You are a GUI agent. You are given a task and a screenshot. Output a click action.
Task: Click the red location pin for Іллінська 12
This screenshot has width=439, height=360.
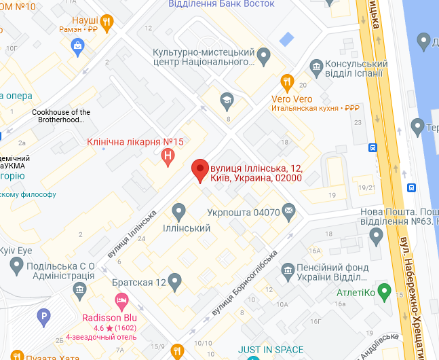[x=199, y=169]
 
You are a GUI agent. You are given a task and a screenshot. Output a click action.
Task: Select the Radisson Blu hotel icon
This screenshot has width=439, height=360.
[x=121, y=300]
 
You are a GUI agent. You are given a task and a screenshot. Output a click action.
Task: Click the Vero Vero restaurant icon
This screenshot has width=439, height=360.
[x=287, y=84]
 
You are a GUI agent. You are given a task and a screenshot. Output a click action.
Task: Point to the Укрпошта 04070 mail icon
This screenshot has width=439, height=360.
[x=289, y=211]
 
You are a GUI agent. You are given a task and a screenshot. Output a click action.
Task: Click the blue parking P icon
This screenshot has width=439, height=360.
[x=43, y=317]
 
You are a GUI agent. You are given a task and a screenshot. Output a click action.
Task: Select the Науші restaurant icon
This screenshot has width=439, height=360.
[x=107, y=21]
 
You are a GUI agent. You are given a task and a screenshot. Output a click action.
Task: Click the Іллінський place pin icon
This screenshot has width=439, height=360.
[x=178, y=211]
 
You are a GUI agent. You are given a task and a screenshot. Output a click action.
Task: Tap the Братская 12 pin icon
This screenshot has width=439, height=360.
[x=175, y=281]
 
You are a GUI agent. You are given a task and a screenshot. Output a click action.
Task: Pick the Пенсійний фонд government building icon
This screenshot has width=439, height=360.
[x=288, y=270]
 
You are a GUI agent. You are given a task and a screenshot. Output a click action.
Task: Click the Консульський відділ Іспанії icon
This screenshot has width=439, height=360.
[x=316, y=67]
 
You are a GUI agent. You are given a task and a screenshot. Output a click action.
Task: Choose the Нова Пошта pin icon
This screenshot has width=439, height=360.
[x=377, y=236]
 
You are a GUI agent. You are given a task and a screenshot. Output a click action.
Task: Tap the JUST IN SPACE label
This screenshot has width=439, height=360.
[x=271, y=350]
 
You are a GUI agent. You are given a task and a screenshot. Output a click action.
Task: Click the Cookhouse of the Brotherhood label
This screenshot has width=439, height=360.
[x=61, y=116]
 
